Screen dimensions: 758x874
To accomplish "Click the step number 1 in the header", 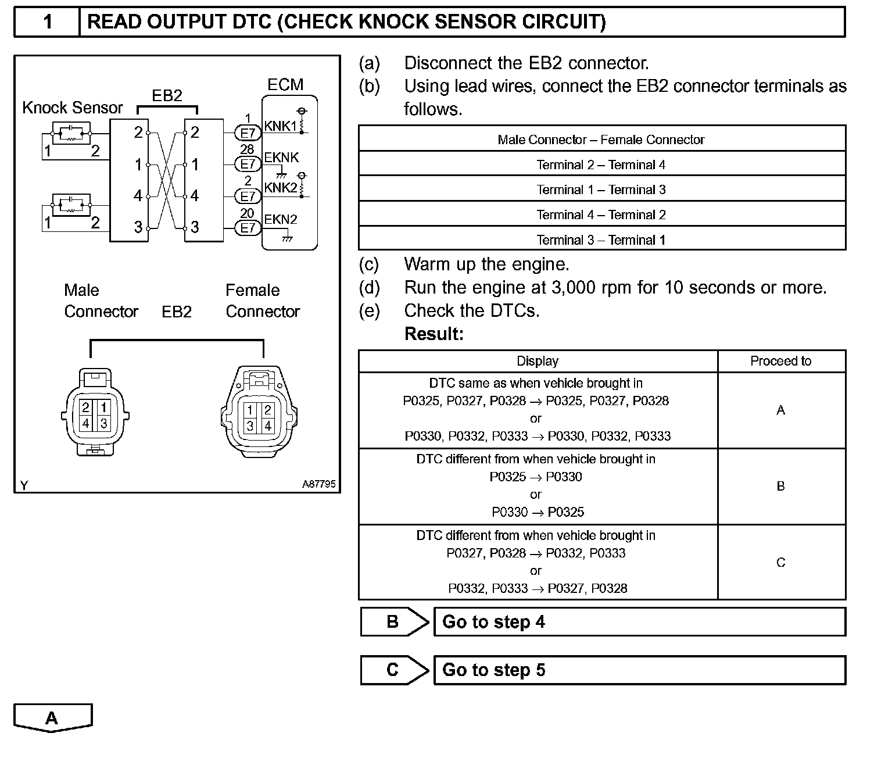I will pos(48,22).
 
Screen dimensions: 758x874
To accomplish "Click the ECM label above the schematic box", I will pos(285,85).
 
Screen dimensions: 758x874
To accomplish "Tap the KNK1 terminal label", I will pos(281,126).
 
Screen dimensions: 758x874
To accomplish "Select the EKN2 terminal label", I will pos(281,220).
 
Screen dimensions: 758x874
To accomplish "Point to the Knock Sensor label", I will pos(73,108).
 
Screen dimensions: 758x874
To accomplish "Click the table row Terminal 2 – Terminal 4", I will pos(601,165).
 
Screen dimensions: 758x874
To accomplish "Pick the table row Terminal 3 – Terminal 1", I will pos(601,239).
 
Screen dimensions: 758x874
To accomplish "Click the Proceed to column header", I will pos(780,361).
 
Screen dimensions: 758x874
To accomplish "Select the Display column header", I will pos(538,361).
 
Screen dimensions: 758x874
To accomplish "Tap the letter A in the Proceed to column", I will pos(780,410).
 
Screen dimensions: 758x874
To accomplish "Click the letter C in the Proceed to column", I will pos(780,563).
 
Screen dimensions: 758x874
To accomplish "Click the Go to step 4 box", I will pos(639,622).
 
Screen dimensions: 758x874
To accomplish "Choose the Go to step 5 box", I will pos(639,670).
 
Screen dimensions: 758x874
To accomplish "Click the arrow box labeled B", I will pos(393,622).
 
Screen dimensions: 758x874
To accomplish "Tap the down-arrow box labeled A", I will pos(52,718).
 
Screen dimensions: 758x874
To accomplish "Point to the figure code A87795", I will pos(318,484).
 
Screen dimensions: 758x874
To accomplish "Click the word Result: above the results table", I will pos(434,334).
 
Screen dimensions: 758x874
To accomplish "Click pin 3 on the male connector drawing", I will pos(104,423).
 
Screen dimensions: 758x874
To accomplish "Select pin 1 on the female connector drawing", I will pos(250,410).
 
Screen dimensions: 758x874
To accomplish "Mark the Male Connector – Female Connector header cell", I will pos(601,140).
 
